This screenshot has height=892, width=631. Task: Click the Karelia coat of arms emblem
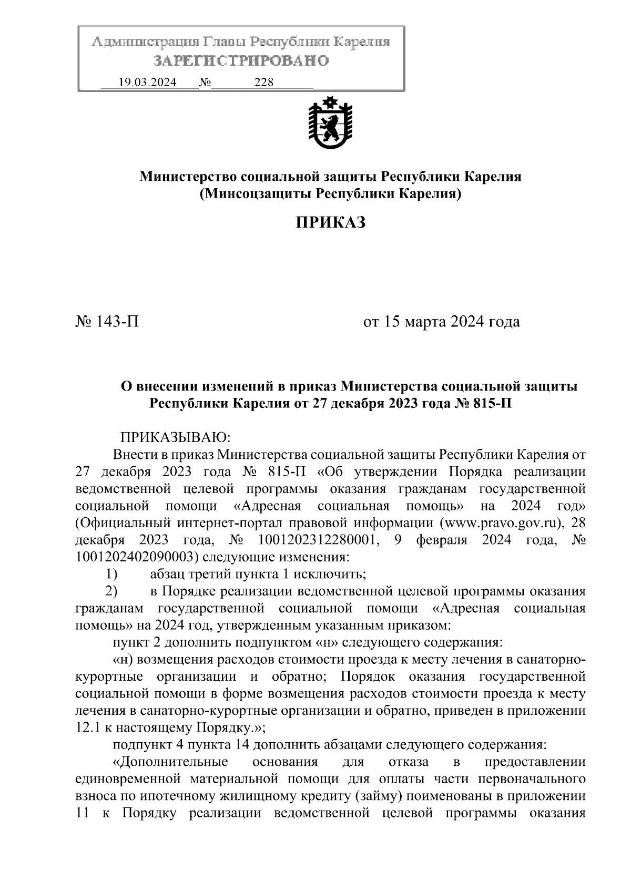coord(330,122)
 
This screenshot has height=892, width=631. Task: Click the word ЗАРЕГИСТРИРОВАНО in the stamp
coord(241,61)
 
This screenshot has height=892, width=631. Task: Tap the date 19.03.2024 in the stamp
coord(148,83)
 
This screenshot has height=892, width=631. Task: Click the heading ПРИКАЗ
coord(330,222)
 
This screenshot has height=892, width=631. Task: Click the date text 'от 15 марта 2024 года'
coord(442,321)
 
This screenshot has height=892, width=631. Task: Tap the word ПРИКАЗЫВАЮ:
coord(174,437)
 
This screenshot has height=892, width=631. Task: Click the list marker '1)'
coord(111,575)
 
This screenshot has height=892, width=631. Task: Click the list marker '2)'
coord(111,591)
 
